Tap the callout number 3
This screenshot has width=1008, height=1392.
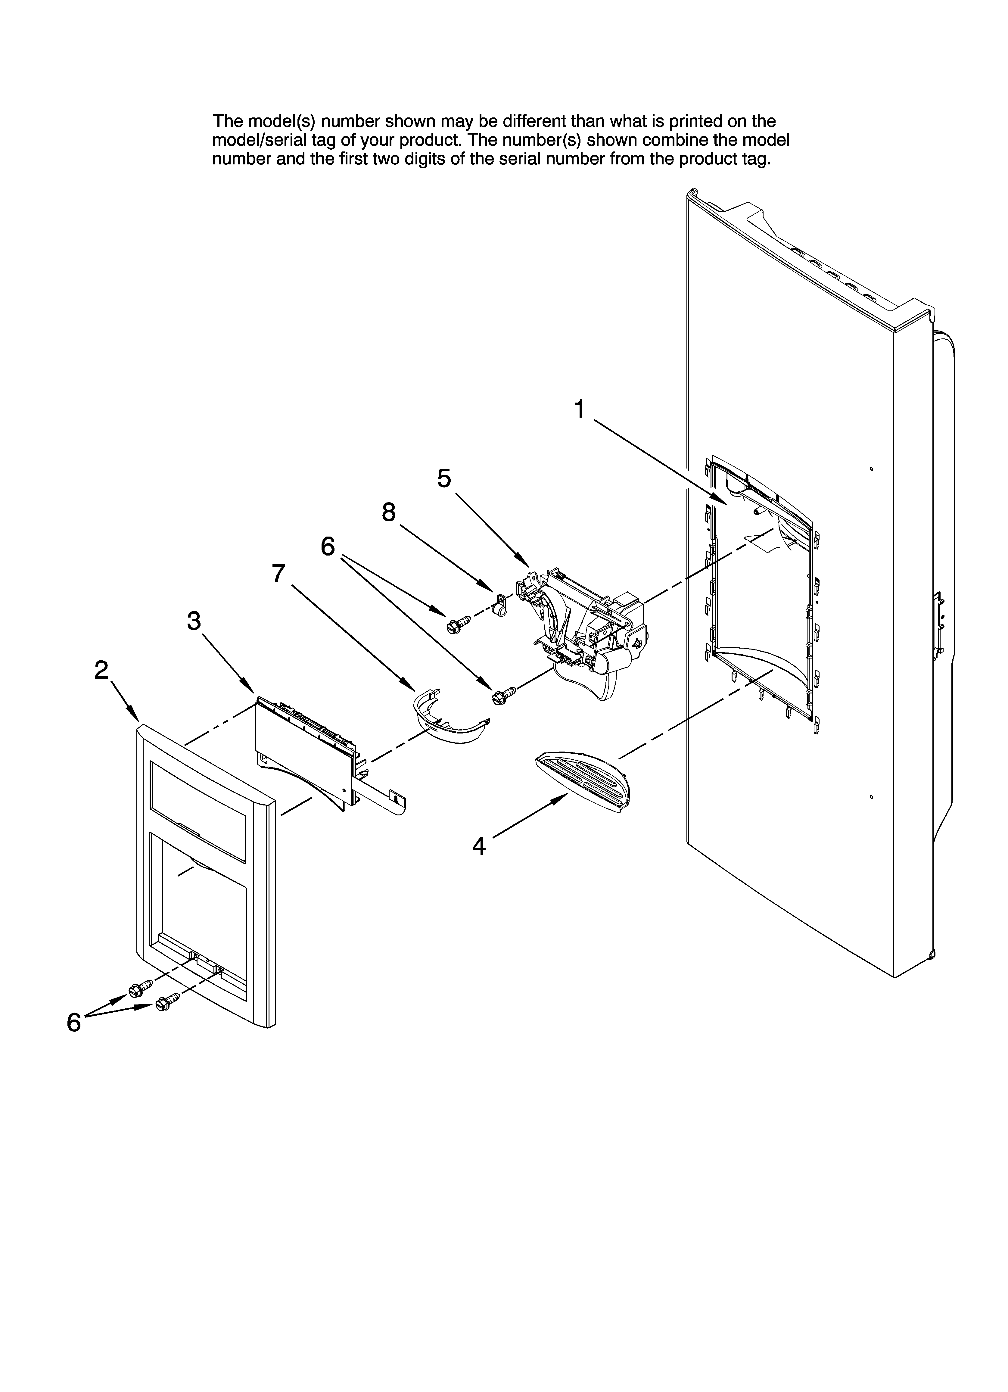tap(194, 621)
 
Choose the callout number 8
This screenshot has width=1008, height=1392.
tap(389, 512)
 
